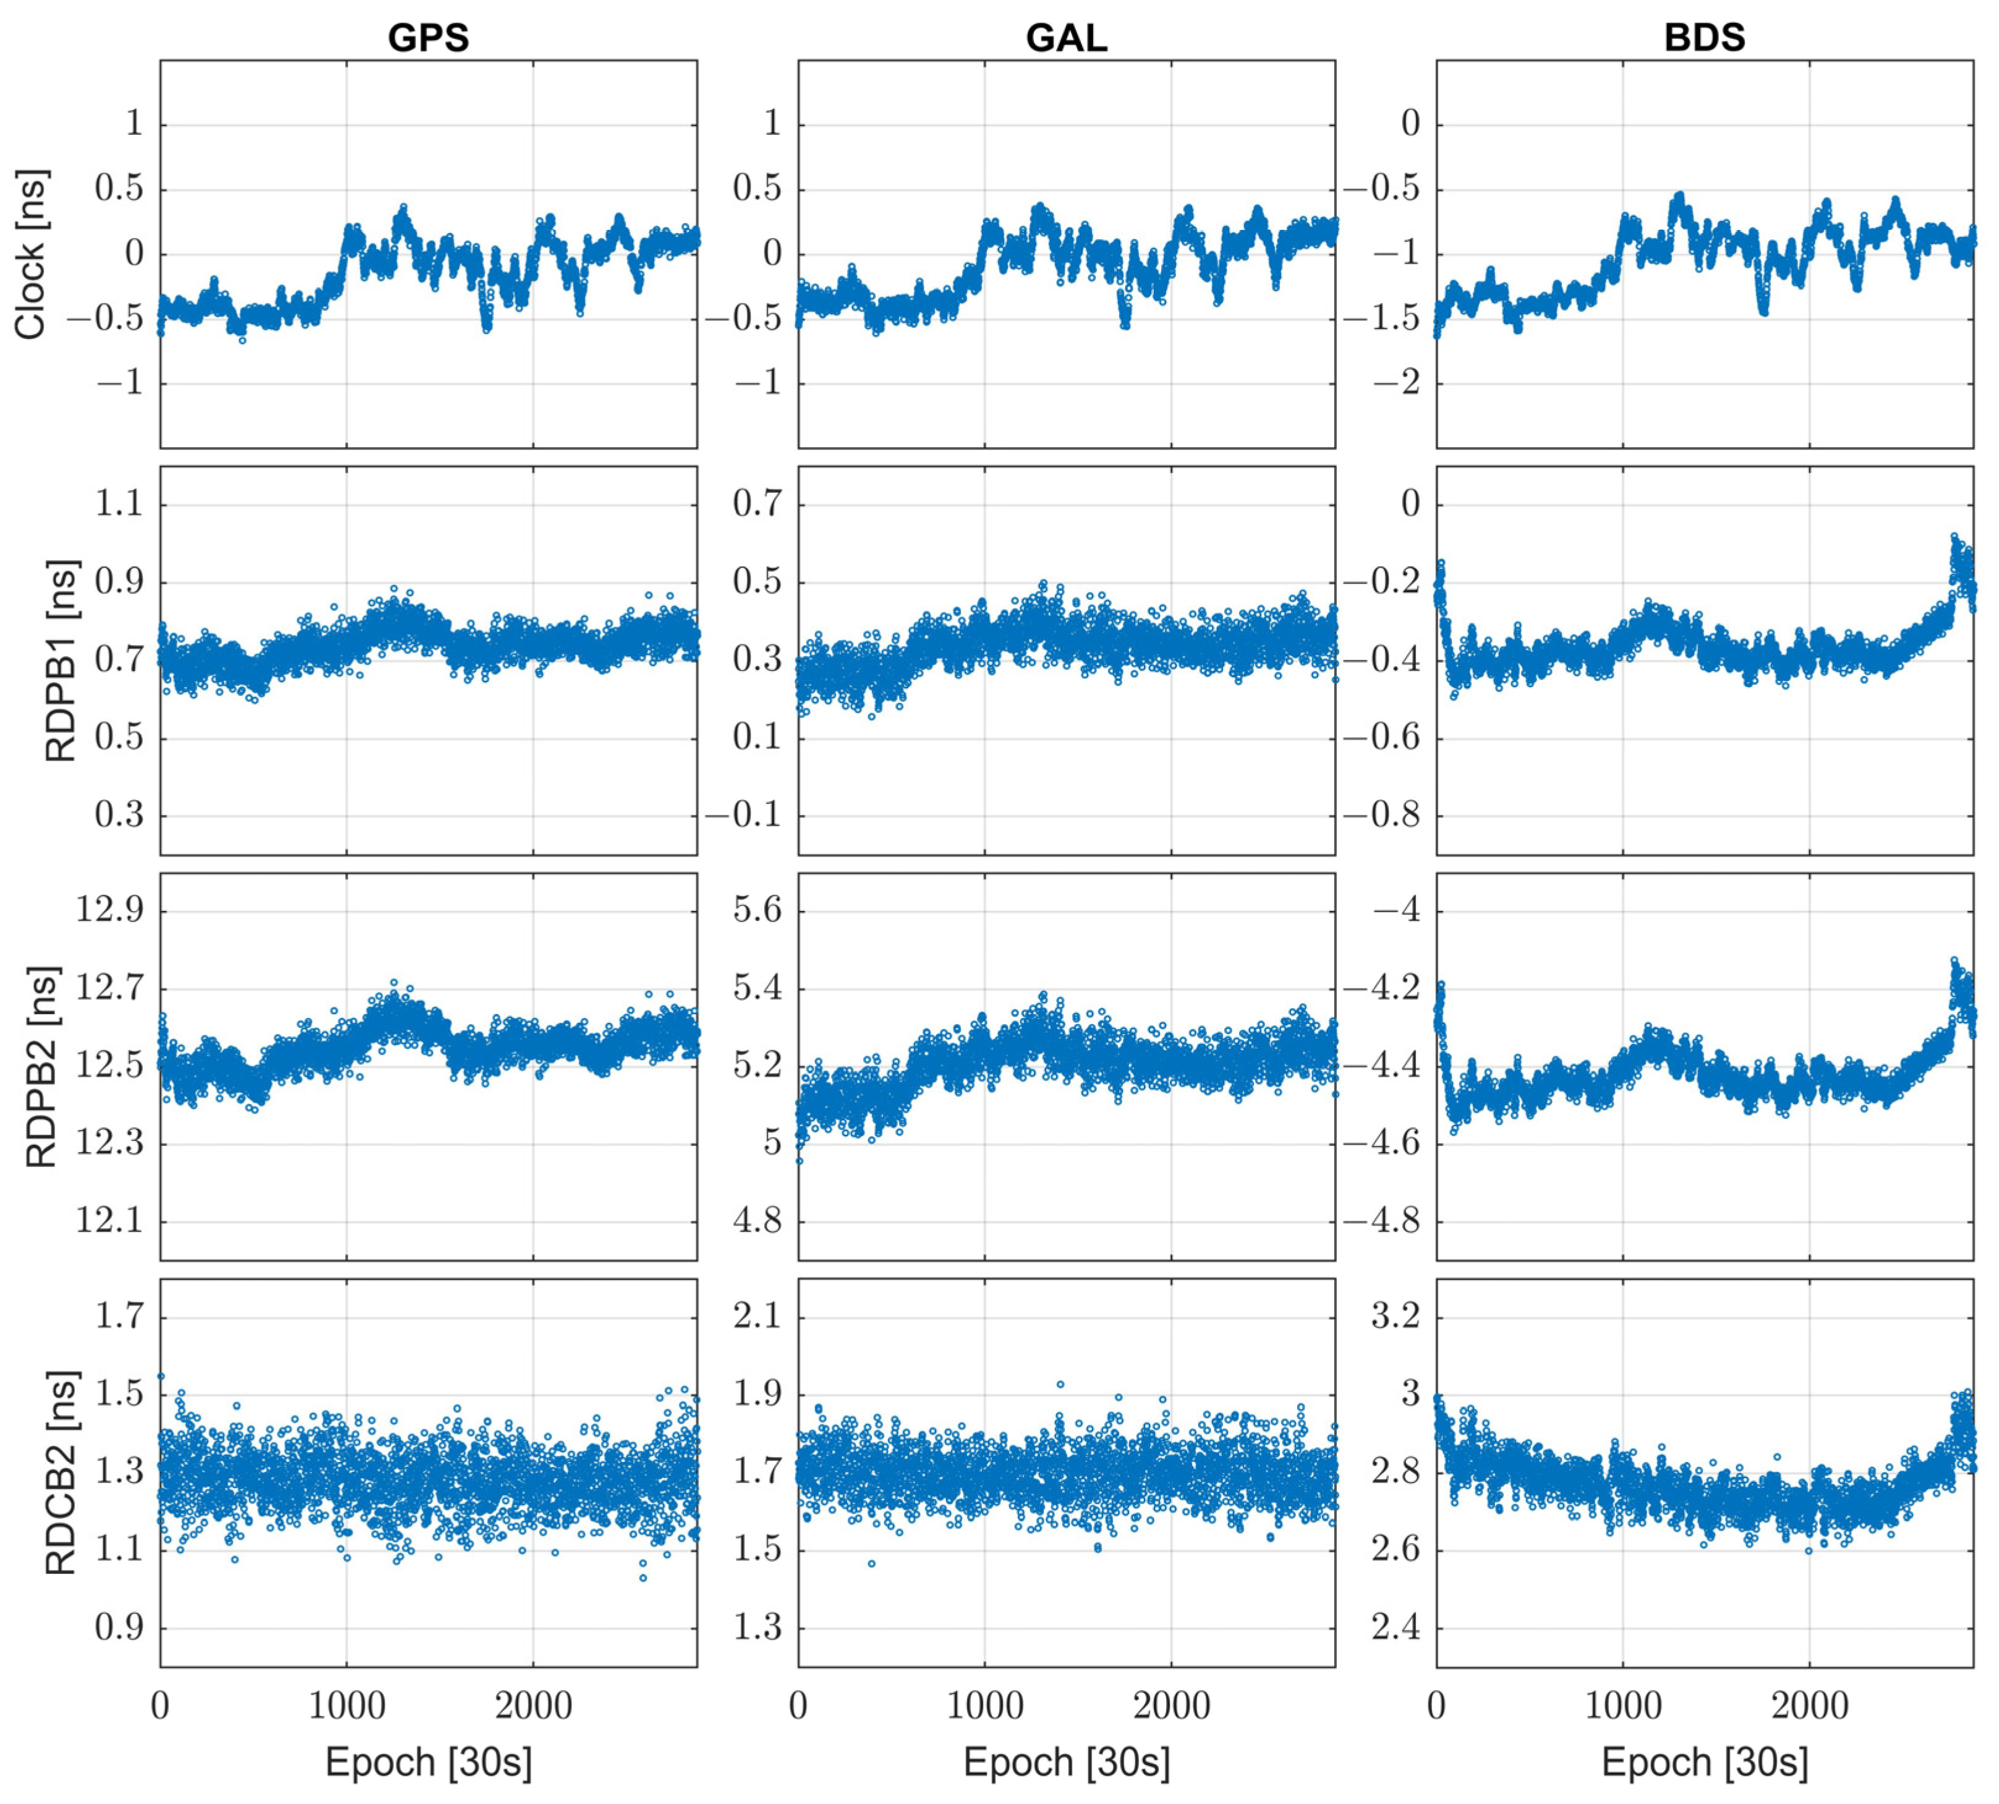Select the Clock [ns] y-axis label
click(x=31, y=254)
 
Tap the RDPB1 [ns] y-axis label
click(x=61, y=660)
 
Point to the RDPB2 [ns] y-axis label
click(x=41, y=1067)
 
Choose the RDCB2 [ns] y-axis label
click(x=61, y=1473)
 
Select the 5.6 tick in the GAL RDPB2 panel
click(x=757, y=910)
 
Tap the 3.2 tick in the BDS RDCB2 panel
click(x=1396, y=1315)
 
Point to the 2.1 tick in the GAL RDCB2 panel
click(x=757, y=1315)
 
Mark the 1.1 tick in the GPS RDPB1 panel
click(x=118, y=503)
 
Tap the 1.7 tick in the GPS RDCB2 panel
click(x=118, y=1315)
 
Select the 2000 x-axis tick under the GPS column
click(x=533, y=1706)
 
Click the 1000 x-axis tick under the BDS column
click(x=1622, y=1706)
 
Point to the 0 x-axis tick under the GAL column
click(x=799, y=1706)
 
